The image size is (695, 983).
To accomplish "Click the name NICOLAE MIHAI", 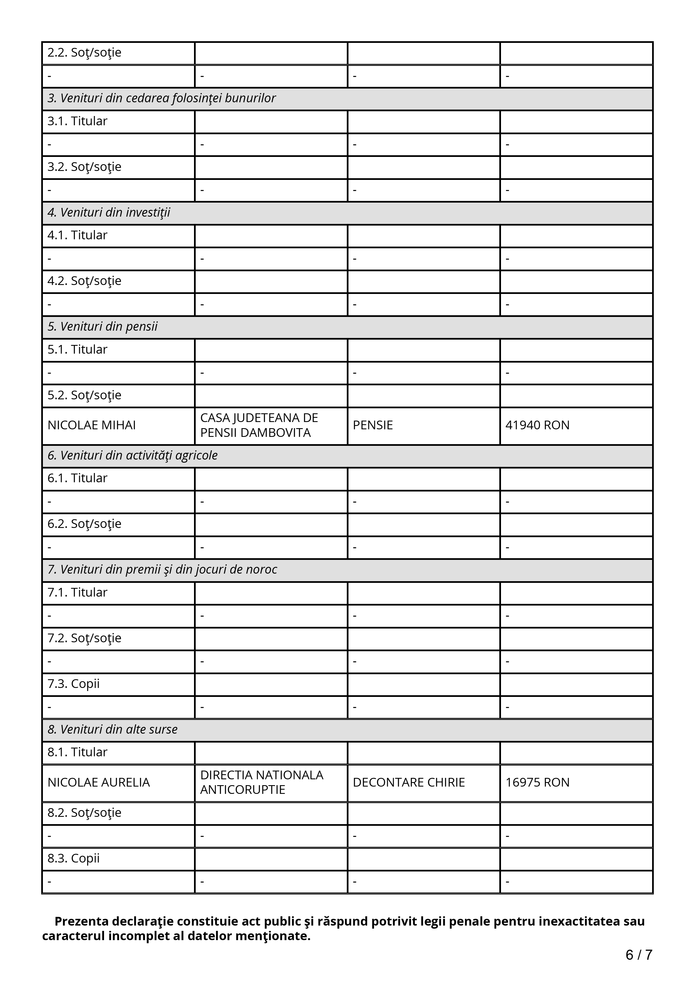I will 92,425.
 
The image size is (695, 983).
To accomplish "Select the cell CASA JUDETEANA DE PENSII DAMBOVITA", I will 259,425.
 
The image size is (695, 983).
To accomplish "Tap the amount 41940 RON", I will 537,425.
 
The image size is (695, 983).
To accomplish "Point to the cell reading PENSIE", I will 373,425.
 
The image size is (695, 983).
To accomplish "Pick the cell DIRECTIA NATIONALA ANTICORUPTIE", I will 262,782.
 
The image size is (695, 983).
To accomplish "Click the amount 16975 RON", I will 537,782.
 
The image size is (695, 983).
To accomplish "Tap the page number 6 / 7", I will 638,954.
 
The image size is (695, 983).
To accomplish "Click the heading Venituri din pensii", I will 103,327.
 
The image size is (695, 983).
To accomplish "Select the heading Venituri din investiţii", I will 109,212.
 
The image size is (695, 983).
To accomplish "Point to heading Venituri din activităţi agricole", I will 133,455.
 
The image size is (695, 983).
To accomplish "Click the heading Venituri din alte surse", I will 113,729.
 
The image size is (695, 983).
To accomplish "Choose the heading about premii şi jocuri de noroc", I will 162,569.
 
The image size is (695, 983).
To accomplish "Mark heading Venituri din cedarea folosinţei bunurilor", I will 161,98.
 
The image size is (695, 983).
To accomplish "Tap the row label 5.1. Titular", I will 77,349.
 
